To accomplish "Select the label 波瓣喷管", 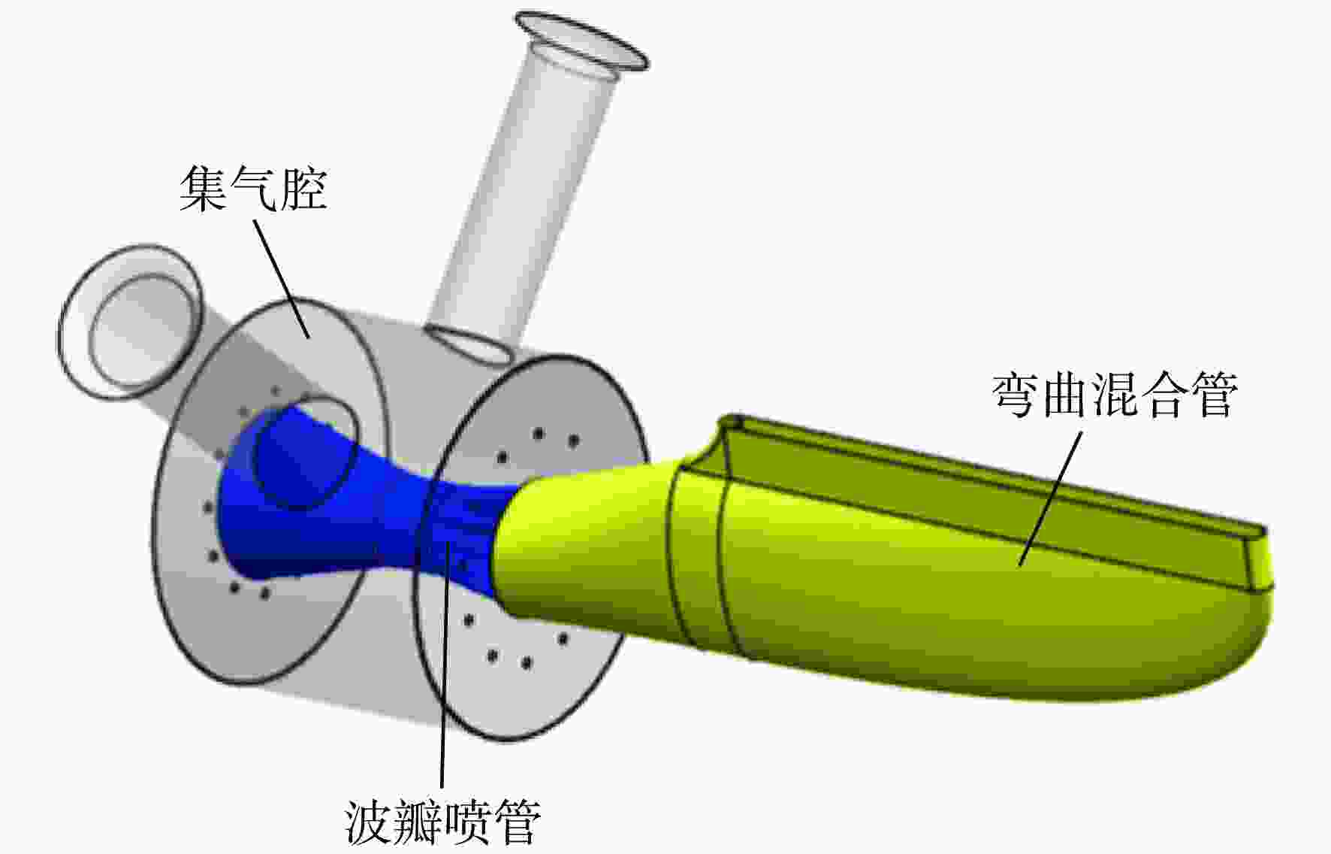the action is pos(443,822).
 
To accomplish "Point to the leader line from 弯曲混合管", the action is pos(1051,498).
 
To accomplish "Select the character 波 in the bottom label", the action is pos(370,822).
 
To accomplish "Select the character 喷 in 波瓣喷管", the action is pos(468,822).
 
